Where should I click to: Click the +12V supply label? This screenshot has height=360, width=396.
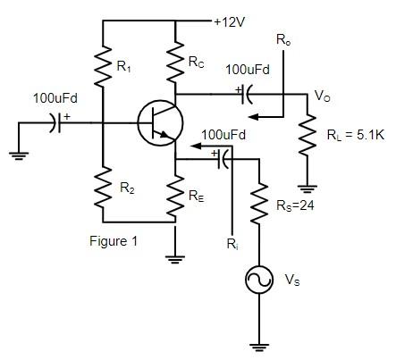pos(231,20)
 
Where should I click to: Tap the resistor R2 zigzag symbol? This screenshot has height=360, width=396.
pos(103,188)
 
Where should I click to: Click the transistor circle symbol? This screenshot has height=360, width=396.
pos(160,123)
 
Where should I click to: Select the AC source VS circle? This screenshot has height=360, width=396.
pos(260,280)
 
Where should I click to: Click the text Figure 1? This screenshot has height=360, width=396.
pos(114,240)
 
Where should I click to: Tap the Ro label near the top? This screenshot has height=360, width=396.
pos(283,40)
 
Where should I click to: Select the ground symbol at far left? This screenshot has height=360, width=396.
pos(16,153)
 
